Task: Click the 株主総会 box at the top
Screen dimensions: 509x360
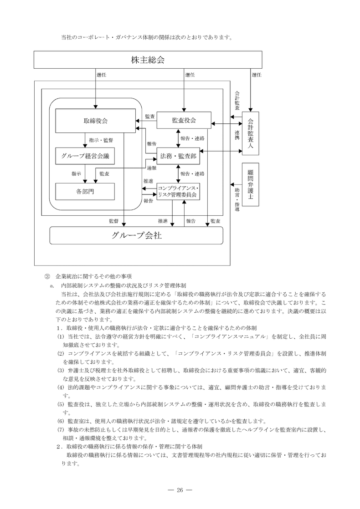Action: [148, 60]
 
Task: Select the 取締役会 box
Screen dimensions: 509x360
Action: [96, 121]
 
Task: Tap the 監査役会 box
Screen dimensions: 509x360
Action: [184, 120]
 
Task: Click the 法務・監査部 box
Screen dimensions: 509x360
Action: [178, 157]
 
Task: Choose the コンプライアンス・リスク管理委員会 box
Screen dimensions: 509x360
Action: [178, 191]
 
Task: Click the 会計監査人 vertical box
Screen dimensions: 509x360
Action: [250, 133]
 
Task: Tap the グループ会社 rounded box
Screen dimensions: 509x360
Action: [136, 235]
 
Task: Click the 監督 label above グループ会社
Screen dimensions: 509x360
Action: [113, 221]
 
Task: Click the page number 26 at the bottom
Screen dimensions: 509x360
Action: [180, 489]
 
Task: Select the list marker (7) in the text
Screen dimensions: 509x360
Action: [61, 429]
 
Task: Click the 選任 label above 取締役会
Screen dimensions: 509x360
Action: [102, 75]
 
